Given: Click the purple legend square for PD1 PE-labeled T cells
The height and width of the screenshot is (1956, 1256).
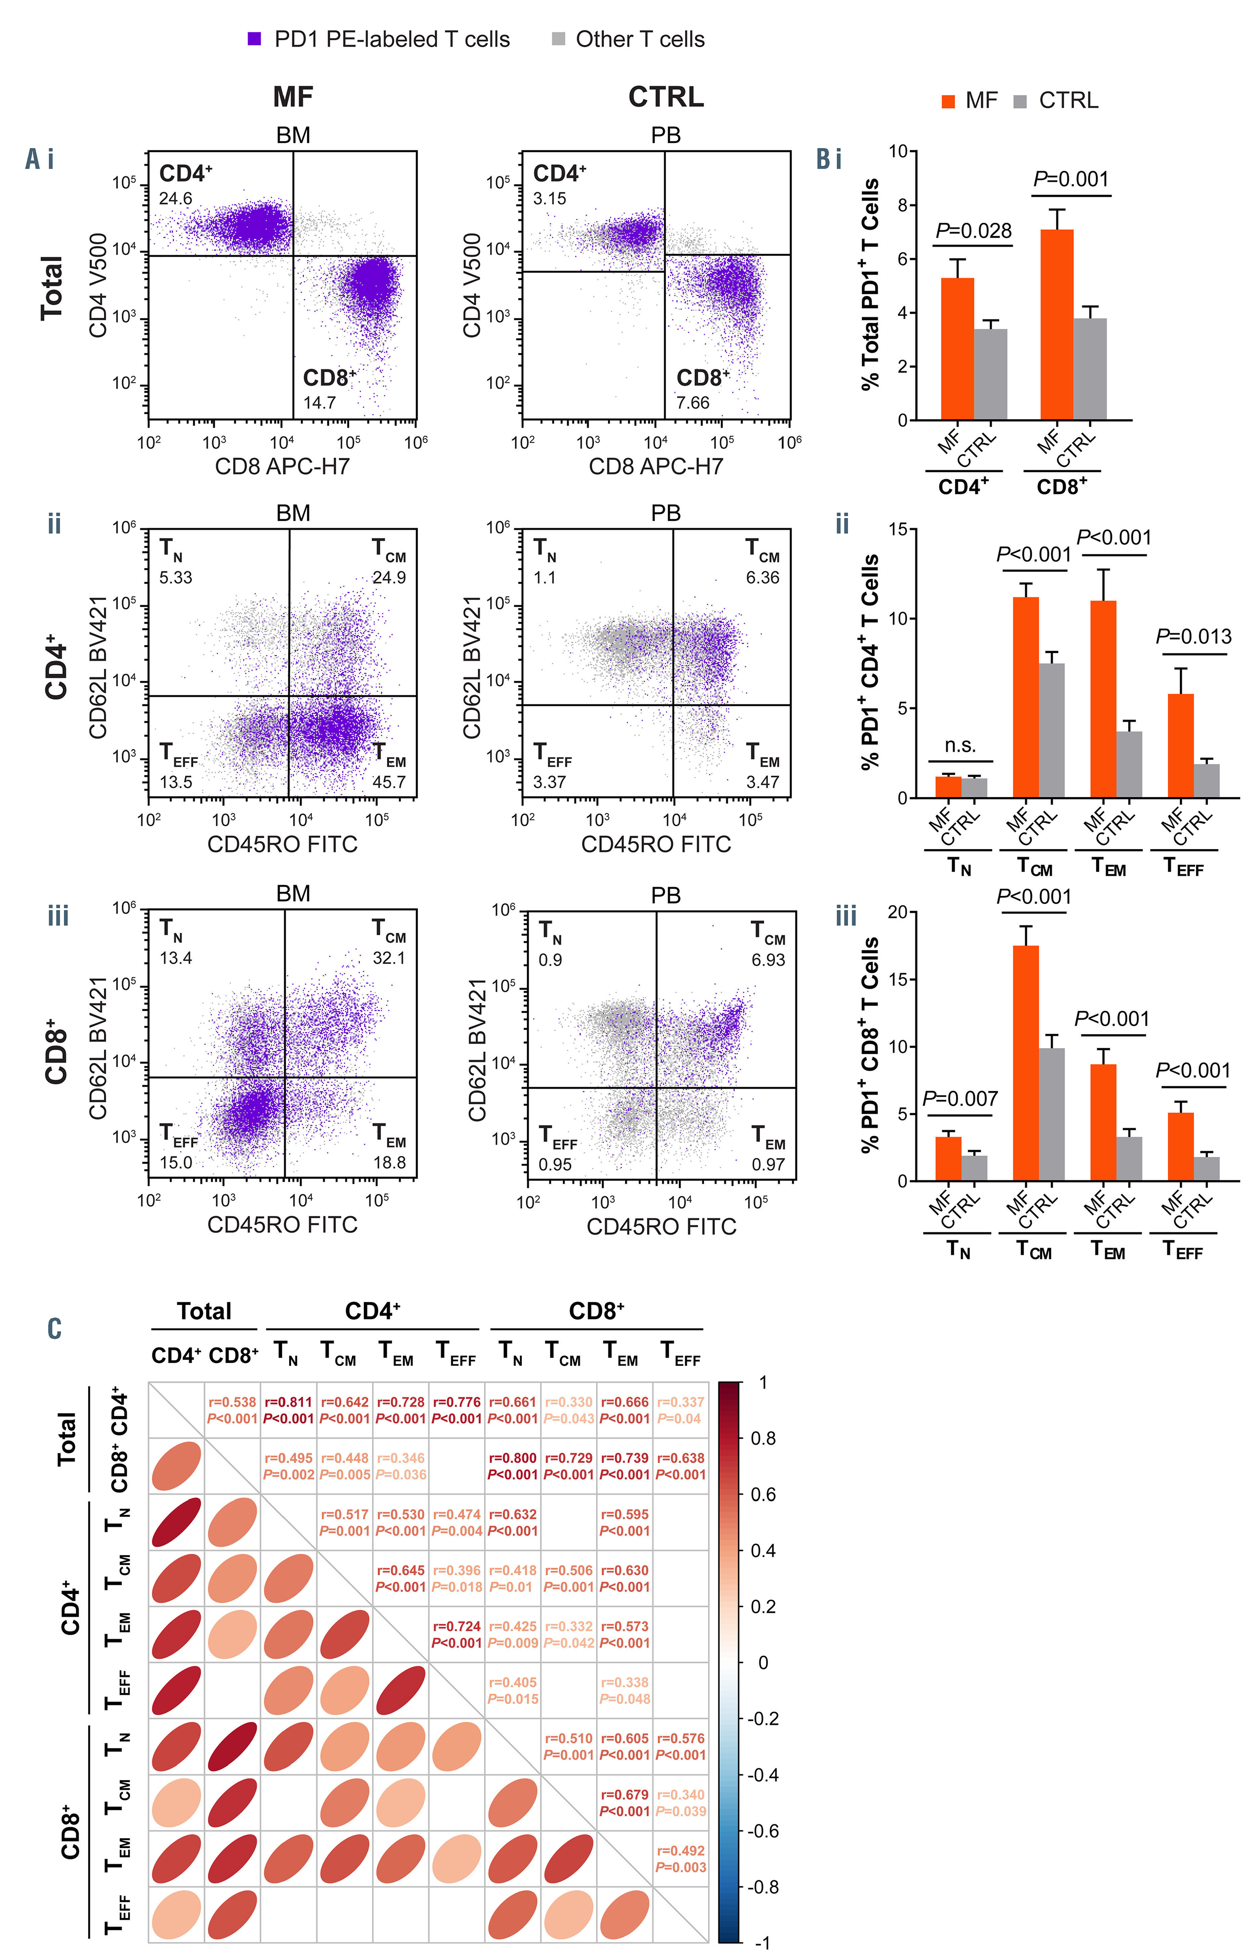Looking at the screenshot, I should point(254,38).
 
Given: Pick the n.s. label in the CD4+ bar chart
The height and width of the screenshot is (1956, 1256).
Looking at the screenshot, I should point(960,745).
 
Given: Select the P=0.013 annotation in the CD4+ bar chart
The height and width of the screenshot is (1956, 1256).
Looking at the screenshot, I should point(1193,637).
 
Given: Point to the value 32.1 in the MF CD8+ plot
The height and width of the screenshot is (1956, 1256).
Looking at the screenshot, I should point(389,957).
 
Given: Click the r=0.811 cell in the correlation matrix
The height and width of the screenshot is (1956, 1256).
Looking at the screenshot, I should point(289,1410).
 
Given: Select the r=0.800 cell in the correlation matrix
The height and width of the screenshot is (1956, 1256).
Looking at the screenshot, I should point(513,1466).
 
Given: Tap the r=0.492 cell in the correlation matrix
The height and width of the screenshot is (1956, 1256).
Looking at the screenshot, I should point(681,1859).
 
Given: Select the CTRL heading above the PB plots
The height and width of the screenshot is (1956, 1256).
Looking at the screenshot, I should point(665,97).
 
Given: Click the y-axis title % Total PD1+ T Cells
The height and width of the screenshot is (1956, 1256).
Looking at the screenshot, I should point(871,284).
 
